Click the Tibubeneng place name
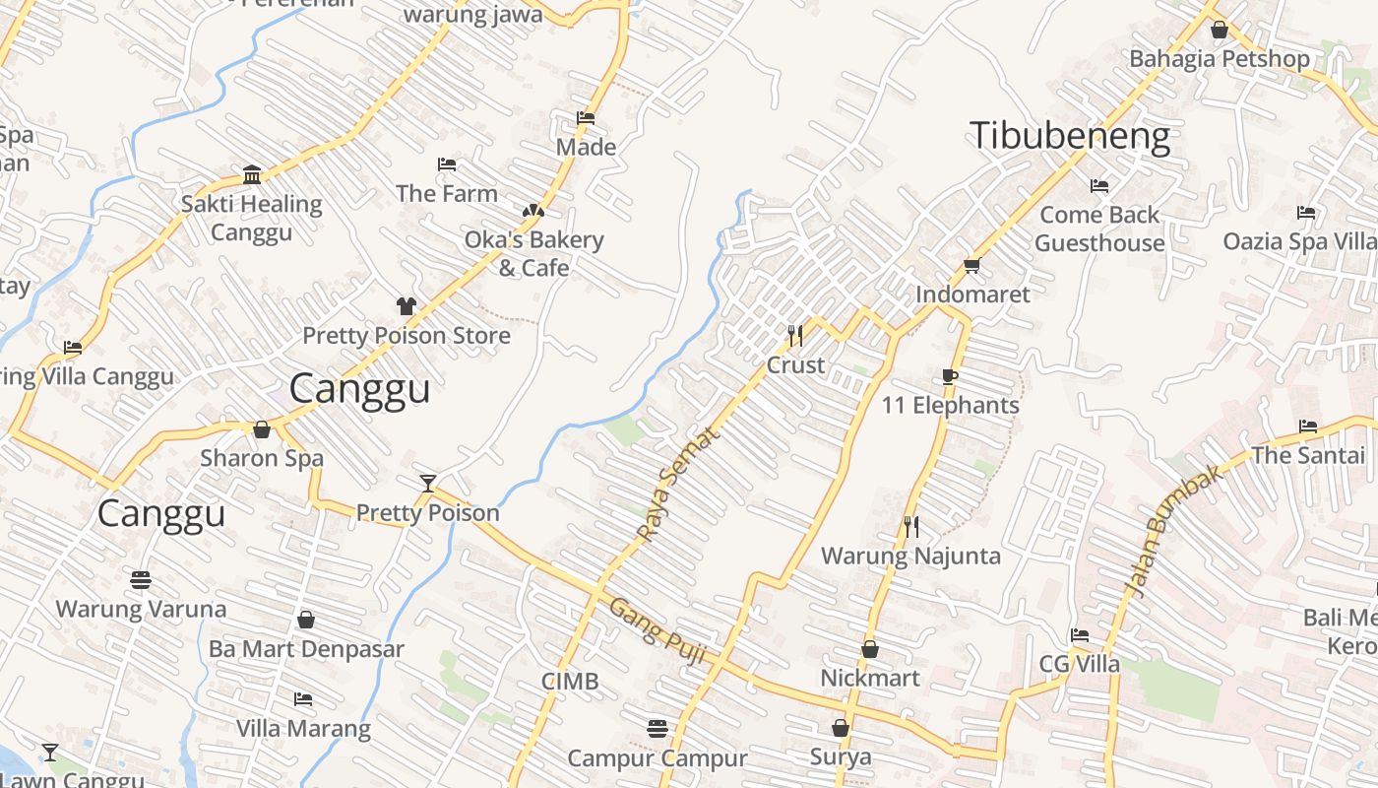click(1070, 136)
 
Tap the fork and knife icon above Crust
click(795, 336)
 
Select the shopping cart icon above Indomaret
click(972, 265)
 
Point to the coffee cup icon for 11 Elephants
click(950, 376)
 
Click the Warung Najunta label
click(910, 556)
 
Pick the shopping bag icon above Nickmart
click(870, 649)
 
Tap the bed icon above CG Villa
click(1080, 635)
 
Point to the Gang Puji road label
click(657, 631)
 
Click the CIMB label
click(570, 681)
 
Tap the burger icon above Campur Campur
click(658, 729)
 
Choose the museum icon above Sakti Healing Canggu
click(252, 175)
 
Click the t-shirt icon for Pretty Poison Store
click(407, 306)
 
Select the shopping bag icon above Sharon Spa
click(262, 429)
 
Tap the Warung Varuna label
click(141, 609)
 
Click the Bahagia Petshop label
click(1220, 59)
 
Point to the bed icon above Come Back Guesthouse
click(1099, 186)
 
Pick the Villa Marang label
click(303, 729)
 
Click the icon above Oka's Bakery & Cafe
click(532, 211)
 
